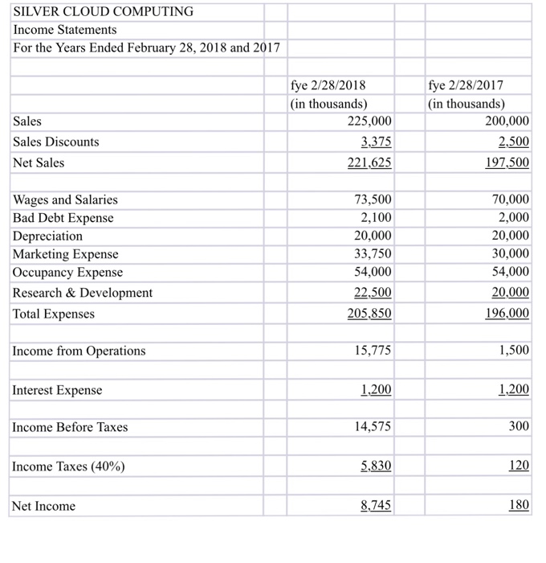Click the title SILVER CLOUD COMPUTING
[x=104, y=11]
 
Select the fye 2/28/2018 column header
[x=328, y=86]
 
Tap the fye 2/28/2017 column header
[x=467, y=86]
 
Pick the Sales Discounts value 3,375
[x=375, y=142]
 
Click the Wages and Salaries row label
[x=65, y=199]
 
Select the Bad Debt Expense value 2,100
[x=377, y=218]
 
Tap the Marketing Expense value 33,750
[x=373, y=254]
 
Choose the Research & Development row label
[x=83, y=293]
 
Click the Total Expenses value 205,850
[x=369, y=314]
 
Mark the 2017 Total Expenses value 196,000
[x=507, y=314]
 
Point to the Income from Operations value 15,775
[x=373, y=351]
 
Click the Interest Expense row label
[x=58, y=390]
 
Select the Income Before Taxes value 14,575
[x=373, y=427]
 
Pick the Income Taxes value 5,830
[x=376, y=466]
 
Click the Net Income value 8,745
[x=376, y=506]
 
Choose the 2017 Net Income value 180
[x=518, y=506]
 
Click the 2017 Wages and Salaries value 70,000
[x=511, y=199]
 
